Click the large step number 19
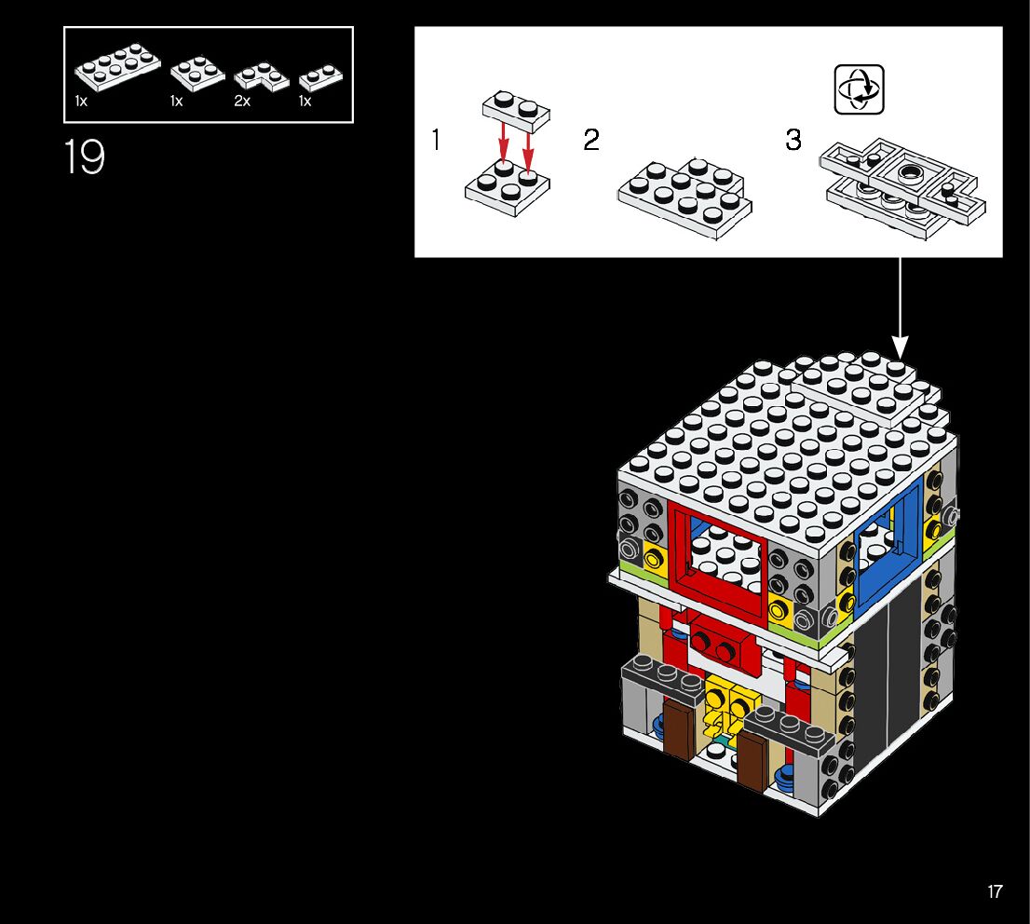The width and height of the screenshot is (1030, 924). (x=84, y=157)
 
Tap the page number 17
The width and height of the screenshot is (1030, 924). (x=995, y=891)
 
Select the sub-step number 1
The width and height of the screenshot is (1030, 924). (x=436, y=141)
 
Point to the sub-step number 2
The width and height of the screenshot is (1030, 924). (x=591, y=141)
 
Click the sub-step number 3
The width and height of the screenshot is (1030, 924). (x=793, y=141)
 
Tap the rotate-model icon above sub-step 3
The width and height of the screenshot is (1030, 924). (x=859, y=89)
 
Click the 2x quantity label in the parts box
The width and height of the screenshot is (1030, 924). (x=242, y=102)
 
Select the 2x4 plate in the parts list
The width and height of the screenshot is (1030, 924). (x=117, y=68)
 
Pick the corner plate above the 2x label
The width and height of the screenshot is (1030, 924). (x=259, y=75)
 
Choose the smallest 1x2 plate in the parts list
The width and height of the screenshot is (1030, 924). (x=321, y=76)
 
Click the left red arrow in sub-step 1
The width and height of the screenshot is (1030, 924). (x=504, y=146)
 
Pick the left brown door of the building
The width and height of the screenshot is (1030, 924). (x=681, y=729)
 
